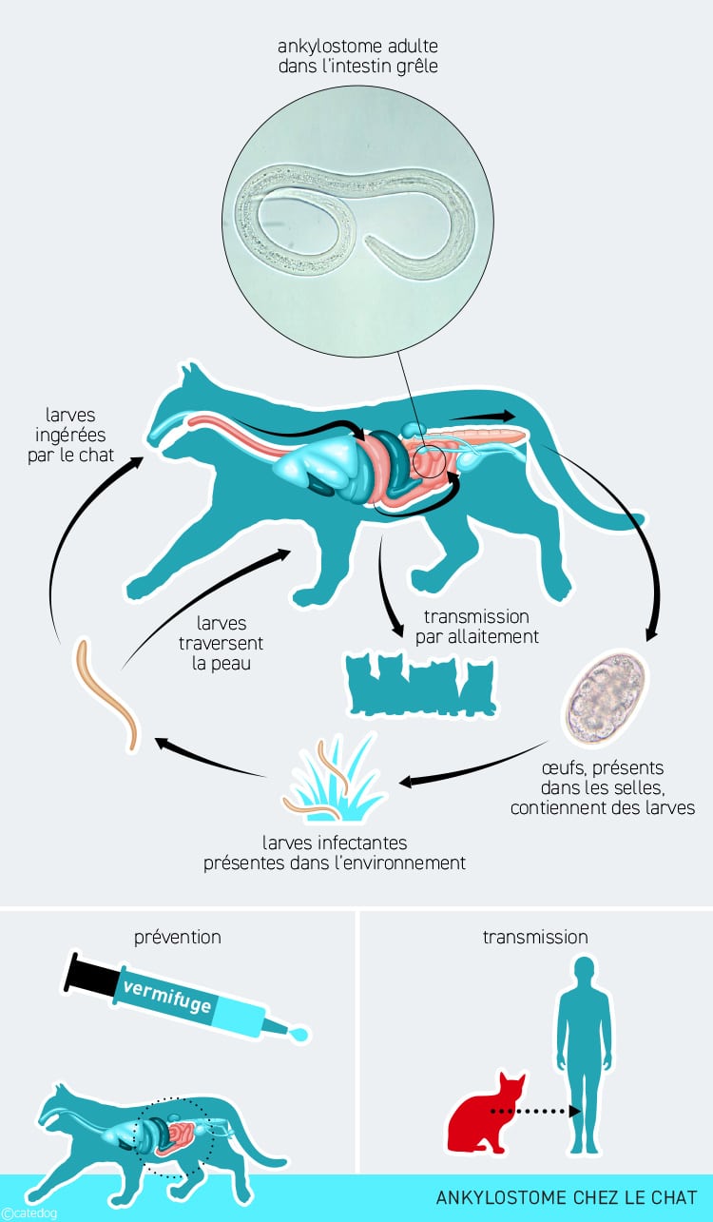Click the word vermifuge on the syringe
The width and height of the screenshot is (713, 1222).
[x=166, y=992]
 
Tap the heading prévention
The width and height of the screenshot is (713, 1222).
[x=178, y=937]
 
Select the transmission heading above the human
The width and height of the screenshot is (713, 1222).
[x=535, y=937]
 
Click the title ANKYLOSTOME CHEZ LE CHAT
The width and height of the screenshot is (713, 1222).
[x=567, y=1197]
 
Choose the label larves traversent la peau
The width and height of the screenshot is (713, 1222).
[x=222, y=643]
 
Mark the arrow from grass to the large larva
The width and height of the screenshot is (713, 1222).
[x=209, y=757]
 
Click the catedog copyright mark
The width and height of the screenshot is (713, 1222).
[x=29, y=1213]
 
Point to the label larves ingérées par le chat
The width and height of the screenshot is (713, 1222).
[x=80, y=435]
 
